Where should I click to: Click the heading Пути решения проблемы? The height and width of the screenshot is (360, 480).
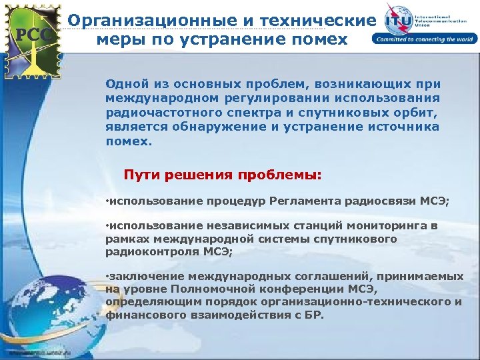223,175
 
